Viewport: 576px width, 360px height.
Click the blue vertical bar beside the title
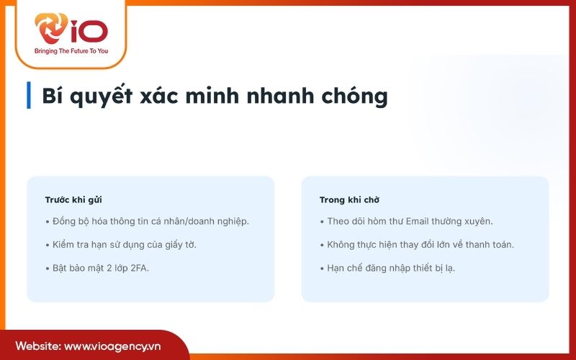click(x=29, y=95)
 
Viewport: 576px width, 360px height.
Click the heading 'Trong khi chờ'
click(x=349, y=199)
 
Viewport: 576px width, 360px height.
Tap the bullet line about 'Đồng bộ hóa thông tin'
click(x=147, y=220)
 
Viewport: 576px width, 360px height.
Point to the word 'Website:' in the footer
click(x=37, y=346)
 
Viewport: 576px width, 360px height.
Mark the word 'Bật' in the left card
click(x=63, y=268)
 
